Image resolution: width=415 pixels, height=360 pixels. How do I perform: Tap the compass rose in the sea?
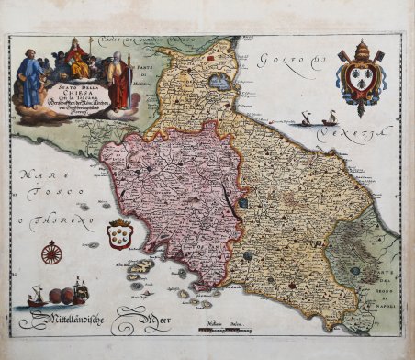tap(52, 251)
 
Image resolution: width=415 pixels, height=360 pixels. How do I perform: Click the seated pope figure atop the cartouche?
tap(77, 61)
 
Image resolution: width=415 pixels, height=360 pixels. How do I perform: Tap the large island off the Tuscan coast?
tap(140, 267)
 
